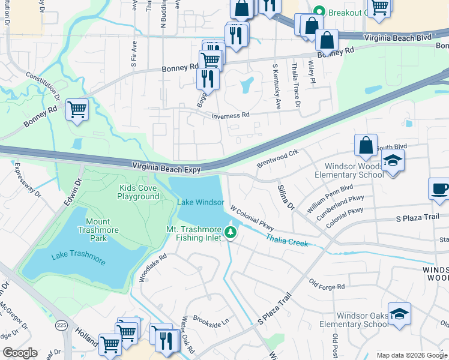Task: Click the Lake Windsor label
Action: pos(200,203)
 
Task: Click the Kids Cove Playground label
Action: pos(138,192)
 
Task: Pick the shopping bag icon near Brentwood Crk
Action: pos(366,146)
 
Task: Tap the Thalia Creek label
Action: pos(287,241)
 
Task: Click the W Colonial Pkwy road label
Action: pos(252,218)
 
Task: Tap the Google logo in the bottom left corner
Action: pos(20,353)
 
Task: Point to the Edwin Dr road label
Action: pos(72,196)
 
